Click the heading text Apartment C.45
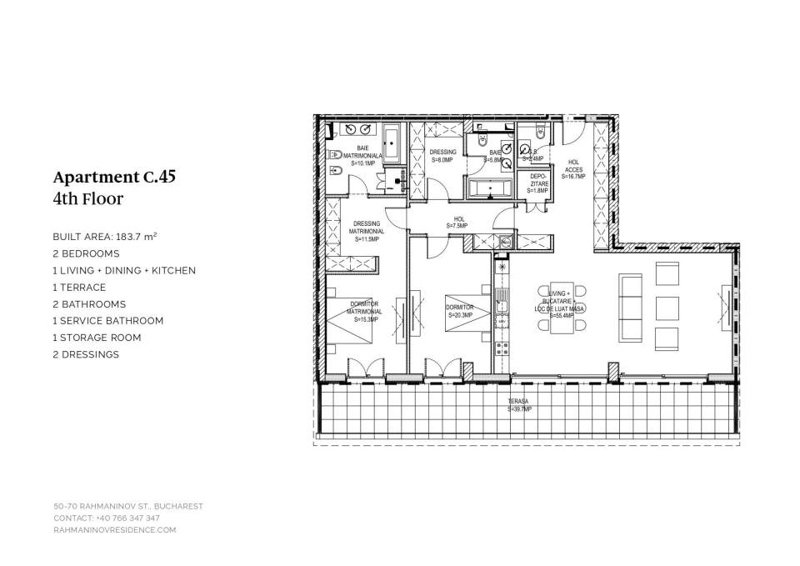(114, 177)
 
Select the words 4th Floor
(87, 199)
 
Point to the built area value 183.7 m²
(135, 237)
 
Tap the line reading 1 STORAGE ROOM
(97, 338)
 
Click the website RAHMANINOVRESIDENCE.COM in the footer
(115, 529)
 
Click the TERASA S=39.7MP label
(520, 405)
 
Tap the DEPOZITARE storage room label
(538, 183)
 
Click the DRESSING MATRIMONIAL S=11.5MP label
(367, 231)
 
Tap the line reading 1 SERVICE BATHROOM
(107, 321)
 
